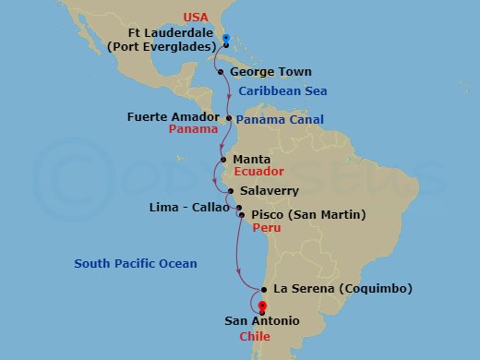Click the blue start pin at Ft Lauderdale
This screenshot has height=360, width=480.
[x=226, y=39]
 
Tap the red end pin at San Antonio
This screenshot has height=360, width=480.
[x=262, y=307]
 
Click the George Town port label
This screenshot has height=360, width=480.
[x=270, y=72]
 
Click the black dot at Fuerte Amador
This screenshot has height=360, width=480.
[x=229, y=118]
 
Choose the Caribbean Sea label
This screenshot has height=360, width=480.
[x=282, y=91]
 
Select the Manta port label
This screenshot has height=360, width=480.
[x=251, y=159]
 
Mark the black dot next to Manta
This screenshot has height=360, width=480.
[x=222, y=159]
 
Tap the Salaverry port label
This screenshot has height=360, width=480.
[x=270, y=191]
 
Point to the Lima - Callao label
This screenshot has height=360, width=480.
[x=189, y=208]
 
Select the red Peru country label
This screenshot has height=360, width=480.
[x=267, y=227]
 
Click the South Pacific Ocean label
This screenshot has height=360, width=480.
[x=136, y=264]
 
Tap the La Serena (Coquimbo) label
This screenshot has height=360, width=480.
[x=343, y=289]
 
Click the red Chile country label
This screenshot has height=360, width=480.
[x=254, y=336]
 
